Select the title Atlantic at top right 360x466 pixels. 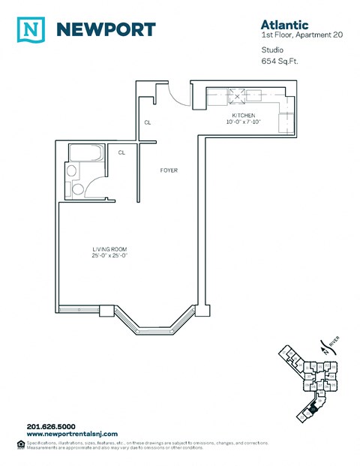pos(274,25)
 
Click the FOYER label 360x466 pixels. pos(169,170)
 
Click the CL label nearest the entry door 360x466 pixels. pos(148,122)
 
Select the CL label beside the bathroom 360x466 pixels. pos(121,152)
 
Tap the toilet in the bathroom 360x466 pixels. pos(72,171)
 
